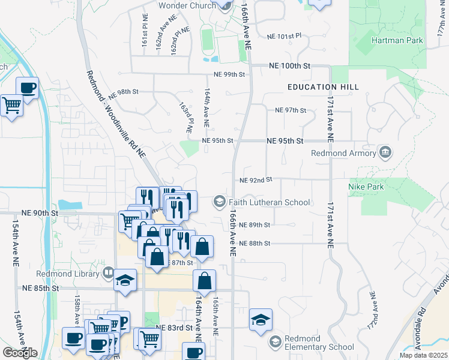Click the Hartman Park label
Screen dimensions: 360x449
tap(397, 41)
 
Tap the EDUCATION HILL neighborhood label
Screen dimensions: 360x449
tap(323, 87)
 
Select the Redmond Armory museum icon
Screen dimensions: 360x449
tap(385, 152)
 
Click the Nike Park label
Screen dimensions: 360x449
tap(366, 187)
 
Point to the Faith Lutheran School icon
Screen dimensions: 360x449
tap(220, 202)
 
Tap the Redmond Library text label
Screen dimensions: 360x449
tap(76, 274)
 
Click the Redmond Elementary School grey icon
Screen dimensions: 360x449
tap(276, 342)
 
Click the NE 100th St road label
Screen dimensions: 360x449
tap(290, 65)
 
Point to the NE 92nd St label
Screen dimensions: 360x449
tap(256, 179)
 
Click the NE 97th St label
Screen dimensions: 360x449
tap(291, 110)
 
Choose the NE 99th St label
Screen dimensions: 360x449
tap(230, 74)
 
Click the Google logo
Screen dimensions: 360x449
tap(20, 353)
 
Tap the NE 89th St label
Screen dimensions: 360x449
tap(255, 225)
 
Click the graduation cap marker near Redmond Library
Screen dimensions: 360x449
tap(125, 281)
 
